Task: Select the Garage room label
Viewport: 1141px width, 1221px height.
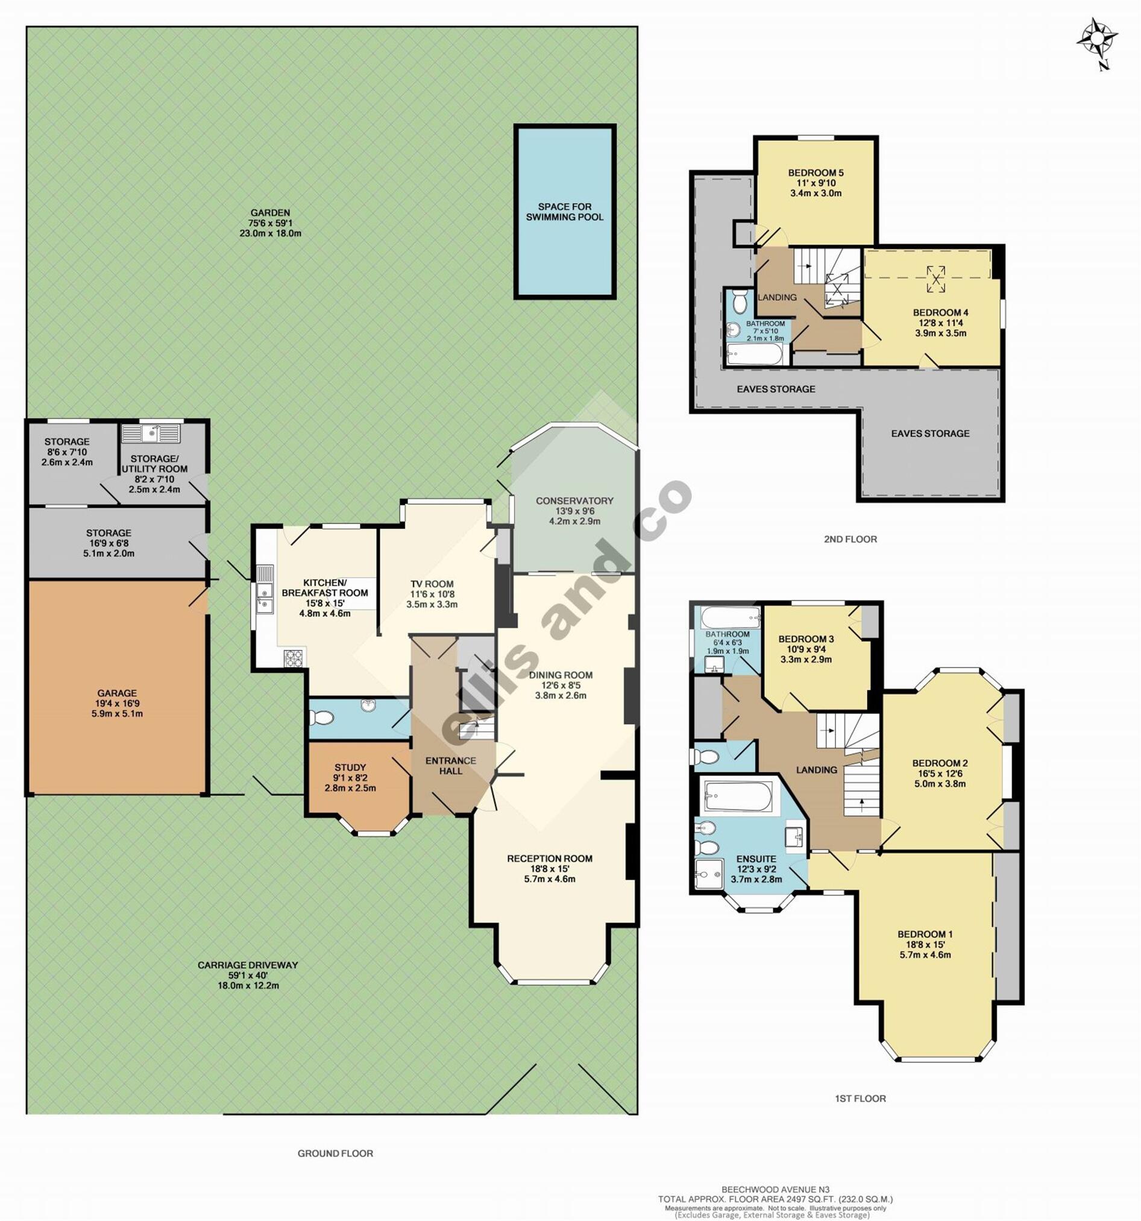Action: (x=116, y=693)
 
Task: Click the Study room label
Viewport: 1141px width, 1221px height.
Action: (x=350, y=767)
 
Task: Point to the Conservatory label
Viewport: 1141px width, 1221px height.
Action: (x=574, y=500)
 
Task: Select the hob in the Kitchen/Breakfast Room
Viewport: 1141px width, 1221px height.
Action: (x=294, y=658)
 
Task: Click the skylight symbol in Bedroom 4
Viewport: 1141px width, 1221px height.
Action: (x=936, y=279)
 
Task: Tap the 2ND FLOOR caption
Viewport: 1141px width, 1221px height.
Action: (x=850, y=539)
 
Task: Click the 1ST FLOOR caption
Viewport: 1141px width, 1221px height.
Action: (x=860, y=1098)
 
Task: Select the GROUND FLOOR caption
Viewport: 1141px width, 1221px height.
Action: (x=335, y=1153)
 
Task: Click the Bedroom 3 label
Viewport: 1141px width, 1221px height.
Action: (x=806, y=639)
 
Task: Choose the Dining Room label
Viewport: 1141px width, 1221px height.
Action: (x=560, y=675)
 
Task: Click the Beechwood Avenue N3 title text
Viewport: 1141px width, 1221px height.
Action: (x=775, y=1190)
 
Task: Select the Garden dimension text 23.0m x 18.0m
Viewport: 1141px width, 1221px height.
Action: (x=270, y=233)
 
